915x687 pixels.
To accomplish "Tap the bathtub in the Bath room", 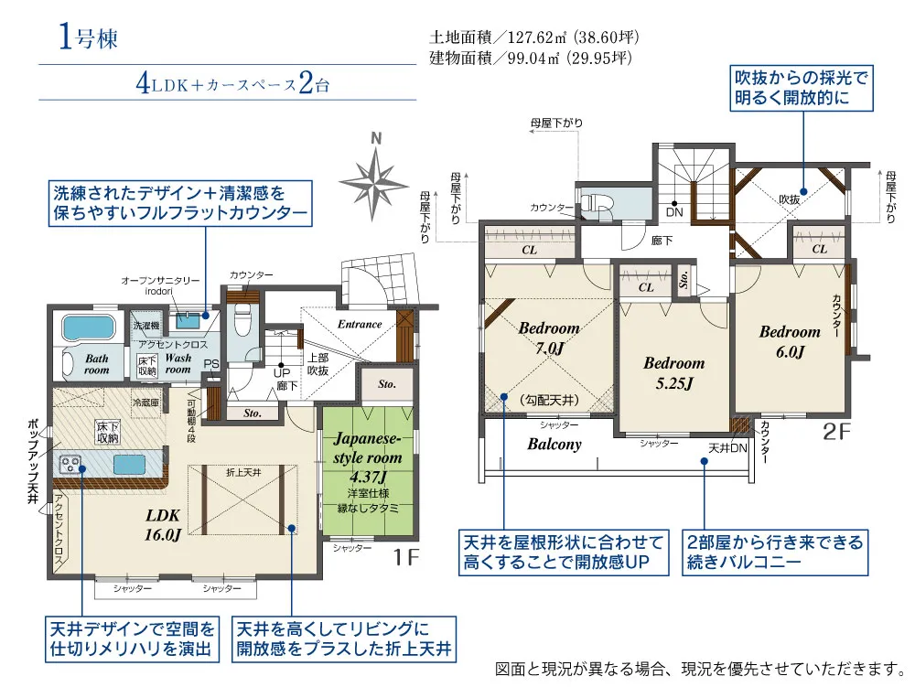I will (x=88, y=328).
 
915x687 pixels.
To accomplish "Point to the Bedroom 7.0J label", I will (x=548, y=337).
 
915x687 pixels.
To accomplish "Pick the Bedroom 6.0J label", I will (x=790, y=341).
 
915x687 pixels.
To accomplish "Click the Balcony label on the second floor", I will (x=554, y=445).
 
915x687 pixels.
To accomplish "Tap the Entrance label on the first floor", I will (x=359, y=325).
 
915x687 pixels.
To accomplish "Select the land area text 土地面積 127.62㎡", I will (x=533, y=38).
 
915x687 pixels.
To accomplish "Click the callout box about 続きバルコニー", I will (x=774, y=553).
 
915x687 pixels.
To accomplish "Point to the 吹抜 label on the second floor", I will (x=789, y=199).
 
